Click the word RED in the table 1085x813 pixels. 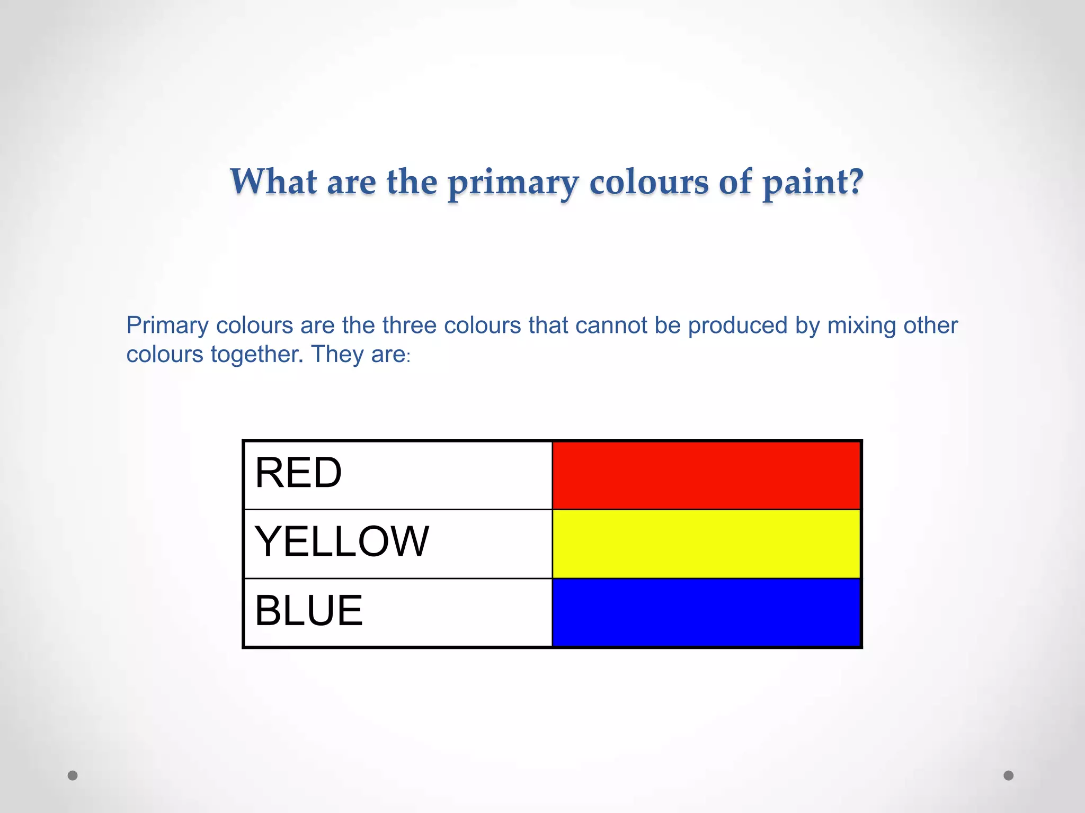point(298,473)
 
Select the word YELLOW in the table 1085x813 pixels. point(342,541)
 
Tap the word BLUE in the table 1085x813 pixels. point(309,610)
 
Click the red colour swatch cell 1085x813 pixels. point(706,475)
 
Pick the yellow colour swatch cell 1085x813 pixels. point(706,544)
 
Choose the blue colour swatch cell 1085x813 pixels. point(706,612)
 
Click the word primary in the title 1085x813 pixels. point(513,183)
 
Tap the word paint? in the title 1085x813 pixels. point(813,183)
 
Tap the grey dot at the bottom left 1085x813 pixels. point(73,775)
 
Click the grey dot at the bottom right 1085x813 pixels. point(1009,775)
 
